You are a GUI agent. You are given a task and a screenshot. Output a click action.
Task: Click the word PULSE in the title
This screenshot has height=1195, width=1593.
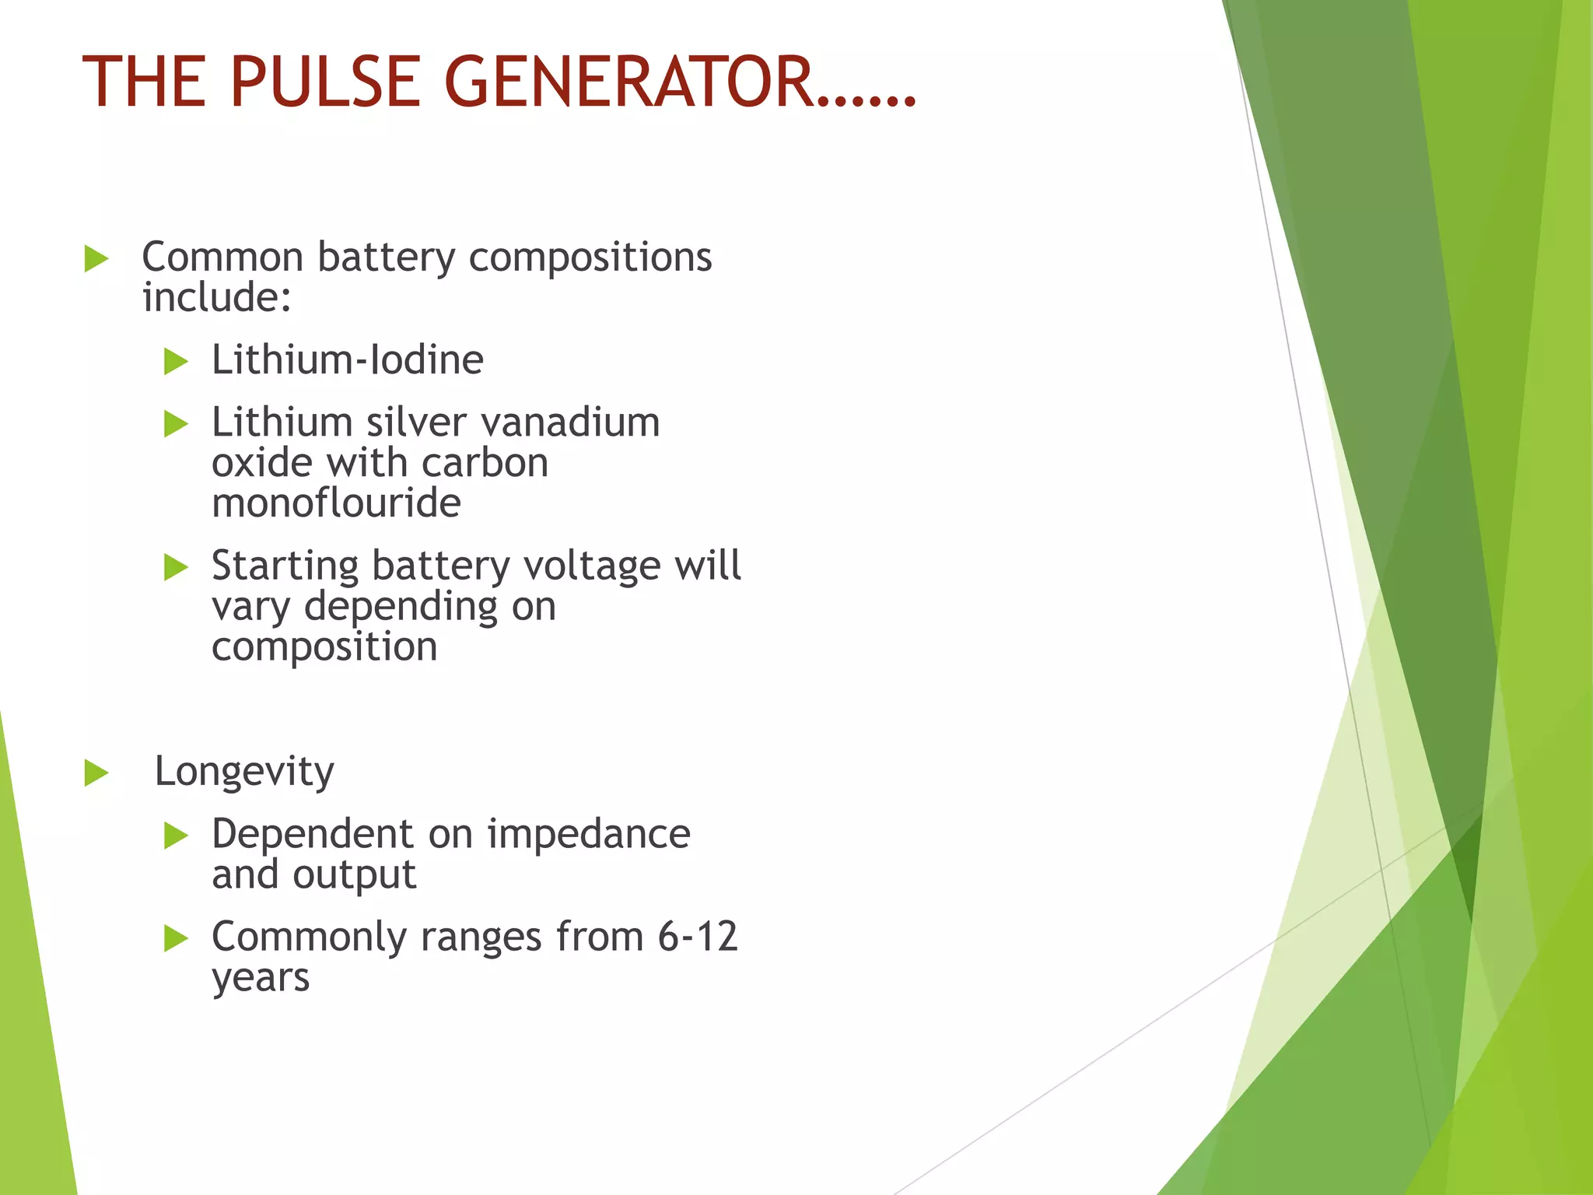pos(325,82)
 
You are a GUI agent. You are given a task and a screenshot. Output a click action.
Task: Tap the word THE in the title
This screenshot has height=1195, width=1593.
pos(144,82)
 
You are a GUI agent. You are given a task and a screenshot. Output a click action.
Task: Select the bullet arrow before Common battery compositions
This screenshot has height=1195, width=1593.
pos(96,259)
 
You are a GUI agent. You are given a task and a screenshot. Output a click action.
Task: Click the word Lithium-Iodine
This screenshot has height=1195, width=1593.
pos(348,360)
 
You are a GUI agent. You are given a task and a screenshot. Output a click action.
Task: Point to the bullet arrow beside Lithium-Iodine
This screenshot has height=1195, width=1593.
pos(177,362)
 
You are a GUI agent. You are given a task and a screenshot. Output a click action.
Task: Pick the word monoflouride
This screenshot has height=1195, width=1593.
pos(336,503)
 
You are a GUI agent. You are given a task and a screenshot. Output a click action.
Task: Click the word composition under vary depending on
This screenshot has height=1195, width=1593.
pos(324,647)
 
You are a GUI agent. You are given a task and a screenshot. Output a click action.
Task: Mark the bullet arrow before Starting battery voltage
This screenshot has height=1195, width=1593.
pos(177,567)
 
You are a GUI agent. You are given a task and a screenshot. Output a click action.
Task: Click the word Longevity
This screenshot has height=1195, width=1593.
pos(244,772)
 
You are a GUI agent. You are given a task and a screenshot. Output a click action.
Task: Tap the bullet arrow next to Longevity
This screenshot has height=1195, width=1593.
pos(96,773)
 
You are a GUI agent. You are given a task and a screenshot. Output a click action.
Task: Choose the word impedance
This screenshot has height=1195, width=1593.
pos(589,834)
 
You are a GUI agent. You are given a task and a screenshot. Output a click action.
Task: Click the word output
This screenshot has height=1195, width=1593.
pos(354,875)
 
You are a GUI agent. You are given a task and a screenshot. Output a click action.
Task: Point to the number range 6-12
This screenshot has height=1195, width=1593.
pos(698,937)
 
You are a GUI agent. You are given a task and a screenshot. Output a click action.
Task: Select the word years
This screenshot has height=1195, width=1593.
pos(261,978)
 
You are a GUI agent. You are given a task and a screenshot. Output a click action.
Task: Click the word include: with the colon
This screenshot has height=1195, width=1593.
pos(217,298)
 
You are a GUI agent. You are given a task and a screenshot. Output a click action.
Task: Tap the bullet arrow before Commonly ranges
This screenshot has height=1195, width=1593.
pos(177,938)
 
